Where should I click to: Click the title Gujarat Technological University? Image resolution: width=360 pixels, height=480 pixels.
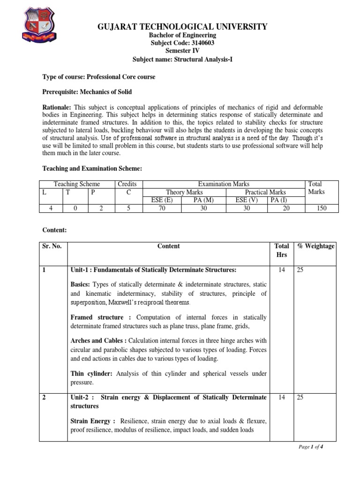click(182, 27)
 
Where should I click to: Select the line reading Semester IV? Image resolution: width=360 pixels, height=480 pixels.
click(182, 51)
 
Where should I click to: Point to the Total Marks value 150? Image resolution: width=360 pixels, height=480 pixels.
click(322, 208)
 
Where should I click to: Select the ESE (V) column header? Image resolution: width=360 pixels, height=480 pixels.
click(247, 200)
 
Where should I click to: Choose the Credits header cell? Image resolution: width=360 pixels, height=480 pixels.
click(127, 184)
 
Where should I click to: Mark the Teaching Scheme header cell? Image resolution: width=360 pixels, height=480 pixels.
click(77, 184)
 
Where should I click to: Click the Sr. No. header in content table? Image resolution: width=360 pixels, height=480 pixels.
click(52, 246)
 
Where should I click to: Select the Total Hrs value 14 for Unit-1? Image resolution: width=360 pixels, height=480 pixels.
click(282, 270)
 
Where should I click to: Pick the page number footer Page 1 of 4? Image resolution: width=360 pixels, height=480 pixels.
click(311, 447)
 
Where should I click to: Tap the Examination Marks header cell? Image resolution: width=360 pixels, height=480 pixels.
click(225, 184)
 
